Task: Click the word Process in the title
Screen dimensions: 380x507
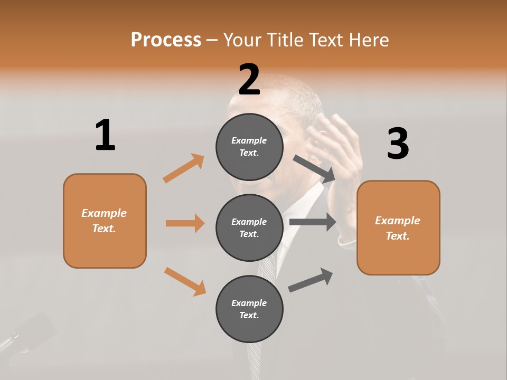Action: point(166,40)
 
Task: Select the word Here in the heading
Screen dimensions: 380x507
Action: point(367,40)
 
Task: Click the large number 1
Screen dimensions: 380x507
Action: point(105,136)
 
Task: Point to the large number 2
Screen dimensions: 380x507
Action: point(249,80)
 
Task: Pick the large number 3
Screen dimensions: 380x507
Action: point(398,144)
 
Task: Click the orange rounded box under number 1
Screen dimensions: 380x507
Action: point(105,221)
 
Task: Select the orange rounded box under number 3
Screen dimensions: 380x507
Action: point(398,227)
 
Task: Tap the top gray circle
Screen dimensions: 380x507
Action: point(249,146)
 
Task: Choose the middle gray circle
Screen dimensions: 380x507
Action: point(249,227)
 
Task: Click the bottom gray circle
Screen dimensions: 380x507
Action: point(249,309)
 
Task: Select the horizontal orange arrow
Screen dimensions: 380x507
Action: point(185,223)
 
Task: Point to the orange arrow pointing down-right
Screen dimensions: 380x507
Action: point(185,281)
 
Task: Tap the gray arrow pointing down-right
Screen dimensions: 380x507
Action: point(314,168)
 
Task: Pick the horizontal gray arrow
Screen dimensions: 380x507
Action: point(313,222)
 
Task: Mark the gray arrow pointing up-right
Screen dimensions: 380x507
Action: point(311,280)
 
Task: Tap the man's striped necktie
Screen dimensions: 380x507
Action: point(264,296)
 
